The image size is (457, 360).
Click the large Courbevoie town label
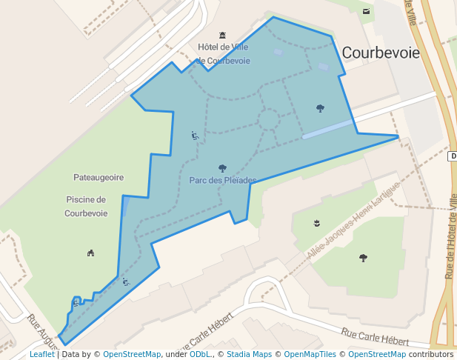point(381,53)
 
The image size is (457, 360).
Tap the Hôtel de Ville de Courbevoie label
point(223,53)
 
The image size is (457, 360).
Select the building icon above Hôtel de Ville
point(222,35)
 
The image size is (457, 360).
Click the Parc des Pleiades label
point(222,180)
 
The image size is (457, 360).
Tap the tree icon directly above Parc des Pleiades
point(222,168)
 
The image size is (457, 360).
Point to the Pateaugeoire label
point(99,178)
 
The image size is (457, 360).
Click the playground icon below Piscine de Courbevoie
point(90,253)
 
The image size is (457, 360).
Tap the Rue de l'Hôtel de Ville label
point(451,234)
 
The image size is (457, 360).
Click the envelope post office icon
point(366,11)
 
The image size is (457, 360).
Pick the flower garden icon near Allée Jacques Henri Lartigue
point(316,223)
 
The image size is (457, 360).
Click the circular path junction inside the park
point(268,119)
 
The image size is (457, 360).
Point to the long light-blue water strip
point(327,129)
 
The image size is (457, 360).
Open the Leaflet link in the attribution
point(41,355)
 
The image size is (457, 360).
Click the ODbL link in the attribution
point(200,355)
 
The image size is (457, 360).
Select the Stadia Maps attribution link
point(249,355)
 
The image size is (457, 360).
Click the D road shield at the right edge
point(453,156)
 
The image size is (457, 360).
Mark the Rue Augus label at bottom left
point(42,330)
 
